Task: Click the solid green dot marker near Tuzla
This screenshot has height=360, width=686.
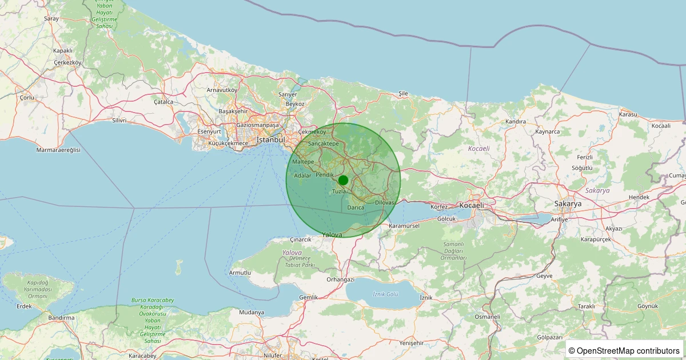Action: pyautogui.click(x=343, y=180)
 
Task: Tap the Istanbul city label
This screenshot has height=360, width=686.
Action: pyautogui.click(x=270, y=139)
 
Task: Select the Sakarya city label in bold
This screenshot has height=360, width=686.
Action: pyautogui.click(x=568, y=203)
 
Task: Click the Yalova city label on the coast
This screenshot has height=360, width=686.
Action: pyautogui.click(x=332, y=235)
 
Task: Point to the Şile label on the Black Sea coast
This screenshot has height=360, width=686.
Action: pyautogui.click(x=404, y=93)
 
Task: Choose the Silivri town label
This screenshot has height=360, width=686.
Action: pyautogui.click(x=119, y=121)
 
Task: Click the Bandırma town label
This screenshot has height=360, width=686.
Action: pyautogui.click(x=62, y=318)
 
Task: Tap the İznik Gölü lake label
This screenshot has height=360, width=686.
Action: pyautogui.click(x=385, y=294)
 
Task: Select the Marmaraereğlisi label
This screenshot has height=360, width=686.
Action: pyautogui.click(x=58, y=150)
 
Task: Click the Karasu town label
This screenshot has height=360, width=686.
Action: pyautogui.click(x=628, y=114)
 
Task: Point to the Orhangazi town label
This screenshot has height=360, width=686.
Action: pyautogui.click(x=341, y=279)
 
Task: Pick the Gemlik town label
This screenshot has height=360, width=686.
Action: pyautogui.click(x=308, y=298)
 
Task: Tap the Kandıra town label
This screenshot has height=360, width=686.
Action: pyautogui.click(x=516, y=122)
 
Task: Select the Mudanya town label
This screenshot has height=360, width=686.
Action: pyautogui.click(x=252, y=313)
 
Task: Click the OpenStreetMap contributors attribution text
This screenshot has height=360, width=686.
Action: pyautogui.click(x=625, y=350)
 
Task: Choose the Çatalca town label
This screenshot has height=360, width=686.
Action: pyautogui.click(x=163, y=102)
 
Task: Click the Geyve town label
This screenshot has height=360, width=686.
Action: pyautogui.click(x=545, y=275)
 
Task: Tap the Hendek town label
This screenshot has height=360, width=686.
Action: pyautogui.click(x=639, y=197)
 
